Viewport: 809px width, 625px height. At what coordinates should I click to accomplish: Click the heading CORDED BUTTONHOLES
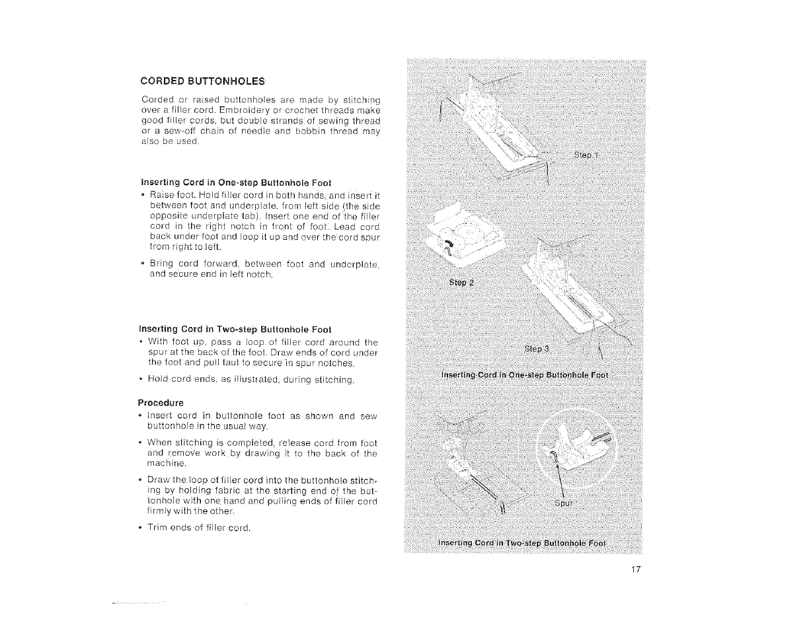coord(202,81)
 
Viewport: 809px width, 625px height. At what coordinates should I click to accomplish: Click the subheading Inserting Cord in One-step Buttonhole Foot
coord(236,182)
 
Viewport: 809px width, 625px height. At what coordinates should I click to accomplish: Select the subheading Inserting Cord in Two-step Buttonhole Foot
coord(236,329)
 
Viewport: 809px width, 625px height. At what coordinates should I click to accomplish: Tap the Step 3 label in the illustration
coord(537,348)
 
